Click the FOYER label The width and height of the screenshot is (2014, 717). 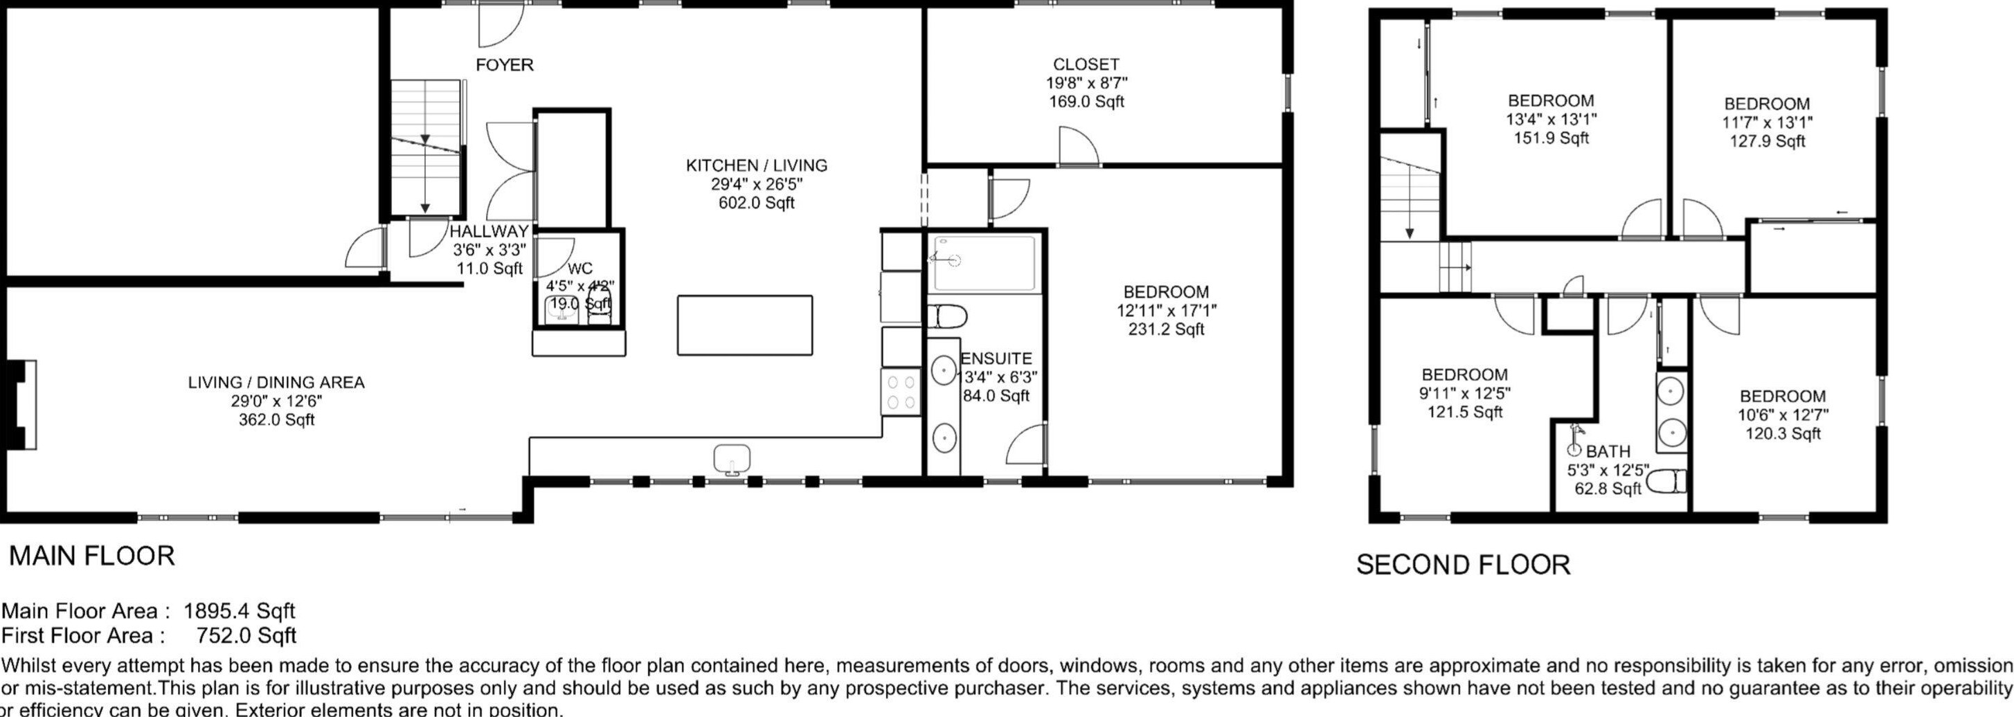click(x=504, y=65)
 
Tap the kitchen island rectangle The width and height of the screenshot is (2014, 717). click(x=744, y=325)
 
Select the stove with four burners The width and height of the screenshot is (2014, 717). click(x=900, y=392)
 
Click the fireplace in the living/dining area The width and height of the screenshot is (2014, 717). click(x=20, y=404)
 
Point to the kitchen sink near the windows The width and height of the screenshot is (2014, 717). click(x=732, y=459)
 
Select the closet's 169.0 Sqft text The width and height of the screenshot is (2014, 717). click(x=1086, y=102)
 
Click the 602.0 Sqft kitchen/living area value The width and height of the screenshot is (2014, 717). click(x=756, y=203)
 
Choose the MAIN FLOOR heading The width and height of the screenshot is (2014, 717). click(x=91, y=556)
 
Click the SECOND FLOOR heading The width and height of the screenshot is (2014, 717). click(x=1463, y=565)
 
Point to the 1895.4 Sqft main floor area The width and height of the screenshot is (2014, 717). click(x=238, y=610)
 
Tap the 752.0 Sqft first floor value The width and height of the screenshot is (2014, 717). click(x=246, y=636)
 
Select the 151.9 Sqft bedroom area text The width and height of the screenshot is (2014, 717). click(x=1551, y=138)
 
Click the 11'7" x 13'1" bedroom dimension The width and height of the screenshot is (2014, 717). click(x=1767, y=122)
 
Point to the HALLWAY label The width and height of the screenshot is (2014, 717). click(x=489, y=231)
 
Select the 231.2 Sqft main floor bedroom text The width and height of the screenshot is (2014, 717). click(x=1166, y=329)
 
